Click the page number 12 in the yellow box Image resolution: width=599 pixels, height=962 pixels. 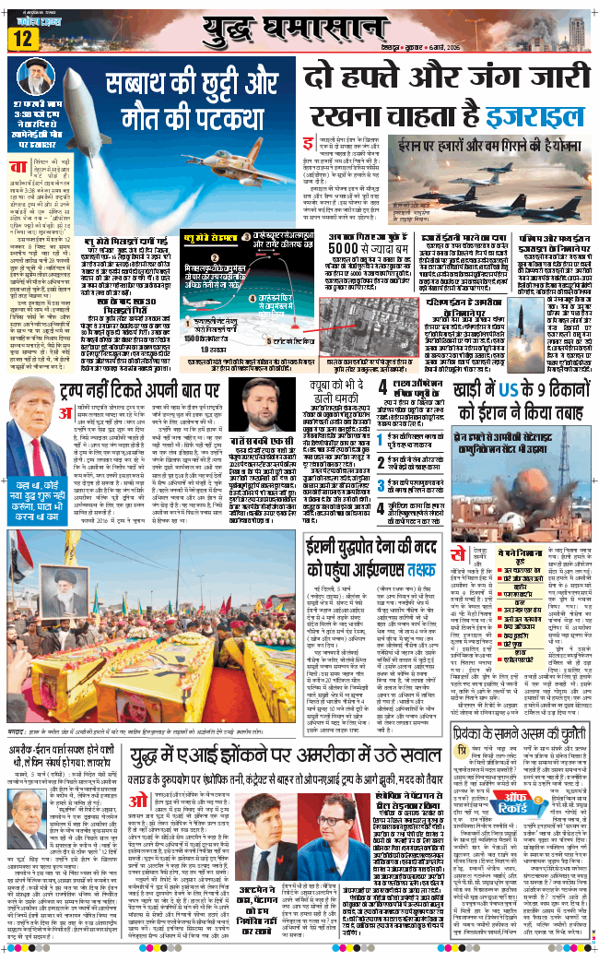click(23, 38)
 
